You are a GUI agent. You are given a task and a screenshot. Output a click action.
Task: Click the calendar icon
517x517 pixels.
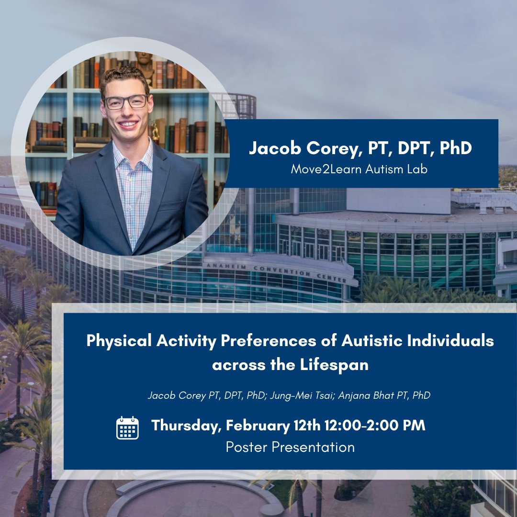point(127,427)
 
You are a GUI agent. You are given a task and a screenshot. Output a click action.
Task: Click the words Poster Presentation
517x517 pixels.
point(290,447)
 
